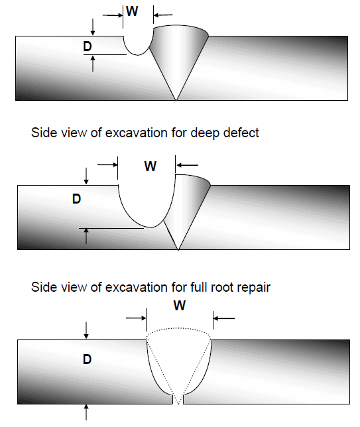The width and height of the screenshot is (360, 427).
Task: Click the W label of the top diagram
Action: pos(132,11)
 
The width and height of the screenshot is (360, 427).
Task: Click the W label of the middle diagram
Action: pos(150,166)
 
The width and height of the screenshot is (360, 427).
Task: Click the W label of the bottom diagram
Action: pos(180,306)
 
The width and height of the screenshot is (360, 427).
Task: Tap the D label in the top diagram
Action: pos(88,46)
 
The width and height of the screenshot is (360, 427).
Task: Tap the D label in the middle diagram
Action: pos(76,199)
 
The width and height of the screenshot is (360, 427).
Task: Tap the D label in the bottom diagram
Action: pos(87,359)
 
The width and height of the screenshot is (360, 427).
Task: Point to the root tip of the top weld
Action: pos(176,101)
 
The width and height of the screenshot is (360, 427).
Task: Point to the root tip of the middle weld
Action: pos(178,250)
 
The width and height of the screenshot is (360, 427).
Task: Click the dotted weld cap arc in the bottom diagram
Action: pos(178,328)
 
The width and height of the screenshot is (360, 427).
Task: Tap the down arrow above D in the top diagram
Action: pos(93,27)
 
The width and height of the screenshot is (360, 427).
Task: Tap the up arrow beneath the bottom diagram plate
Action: pos(86,412)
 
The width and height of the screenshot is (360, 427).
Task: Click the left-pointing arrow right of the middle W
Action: pos(188,165)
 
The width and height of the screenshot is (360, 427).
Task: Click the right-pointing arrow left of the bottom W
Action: pos(136,318)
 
